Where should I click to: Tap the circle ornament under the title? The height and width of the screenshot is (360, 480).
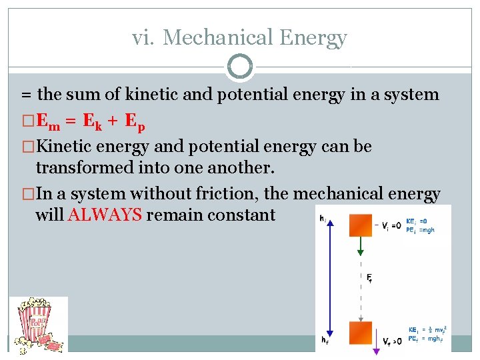[240, 67]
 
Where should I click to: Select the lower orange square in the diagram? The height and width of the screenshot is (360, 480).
[361, 333]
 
